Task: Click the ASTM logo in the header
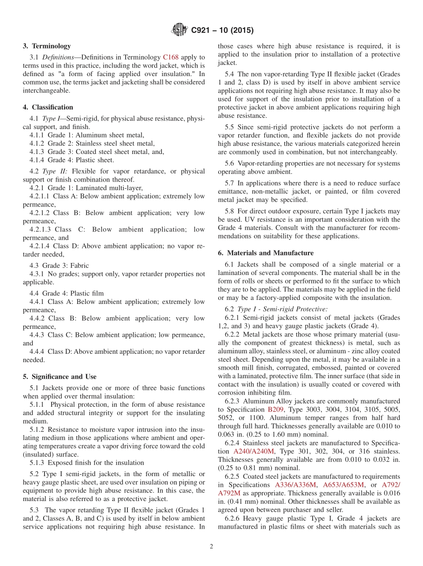tap(179, 30)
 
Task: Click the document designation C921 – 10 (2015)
tap(222, 31)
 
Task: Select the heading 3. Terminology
tap(47, 46)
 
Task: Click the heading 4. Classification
tap(48, 107)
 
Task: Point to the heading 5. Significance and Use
tap(60, 376)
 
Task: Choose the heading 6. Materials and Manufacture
tap(265, 253)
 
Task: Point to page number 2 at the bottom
tap(211, 546)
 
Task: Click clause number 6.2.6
tap(232, 518)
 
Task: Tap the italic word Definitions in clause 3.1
tap(57, 57)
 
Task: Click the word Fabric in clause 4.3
tap(80, 266)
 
